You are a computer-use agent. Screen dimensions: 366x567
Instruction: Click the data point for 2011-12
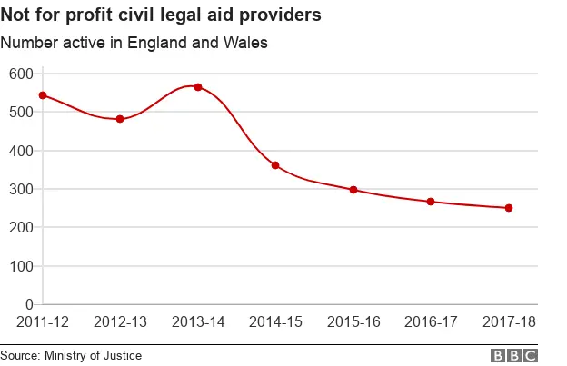pyautogui.click(x=43, y=95)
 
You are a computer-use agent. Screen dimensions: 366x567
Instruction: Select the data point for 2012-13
pyautogui.click(x=120, y=119)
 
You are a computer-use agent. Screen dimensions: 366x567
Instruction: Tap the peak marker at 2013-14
pyautogui.click(x=198, y=87)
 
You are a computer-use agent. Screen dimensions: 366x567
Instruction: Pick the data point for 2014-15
pyautogui.click(x=275, y=165)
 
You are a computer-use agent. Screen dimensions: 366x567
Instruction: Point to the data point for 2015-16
pyautogui.click(x=353, y=190)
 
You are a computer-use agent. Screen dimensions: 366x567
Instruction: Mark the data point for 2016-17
pyautogui.click(x=431, y=202)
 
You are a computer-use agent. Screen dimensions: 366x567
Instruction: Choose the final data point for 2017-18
pyautogui.click(x=509, y=208)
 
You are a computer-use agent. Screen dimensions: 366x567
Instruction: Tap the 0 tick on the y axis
pyautogui.click(x=27, y=304)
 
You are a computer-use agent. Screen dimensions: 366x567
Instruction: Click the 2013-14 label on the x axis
pyautogui.click(x=198, y=322)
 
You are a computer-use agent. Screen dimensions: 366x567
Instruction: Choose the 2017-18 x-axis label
pyautogui.click(x=509, y=322)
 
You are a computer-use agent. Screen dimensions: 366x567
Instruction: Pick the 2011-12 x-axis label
pyautogui.click(x=43, y=322)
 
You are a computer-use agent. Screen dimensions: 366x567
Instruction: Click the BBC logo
pyautogui.click(x=514, y=356)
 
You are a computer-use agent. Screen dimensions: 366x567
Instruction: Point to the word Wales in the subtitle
pyautogui.click(x=247, y=43)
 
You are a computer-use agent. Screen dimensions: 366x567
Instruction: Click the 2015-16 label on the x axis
pyautogui.click(x=353, y=322)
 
